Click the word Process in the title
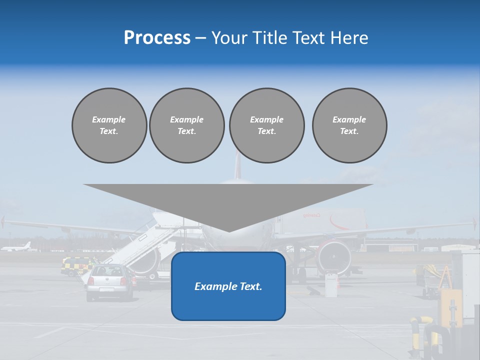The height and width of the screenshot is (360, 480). pyautogui.click(x=157, y=38)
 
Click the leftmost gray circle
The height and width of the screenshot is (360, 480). pyautogui.click(x=109, y=125)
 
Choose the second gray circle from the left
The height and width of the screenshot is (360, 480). pyautogui.click(x=187, y=125)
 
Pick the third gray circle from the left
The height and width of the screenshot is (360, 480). pyautogui.click(x=266, y=125)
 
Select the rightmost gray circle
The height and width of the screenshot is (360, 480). pyautogui.click(x=349, y=125)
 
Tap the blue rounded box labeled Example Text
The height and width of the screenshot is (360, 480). pyautogui.click(x=228, y=286)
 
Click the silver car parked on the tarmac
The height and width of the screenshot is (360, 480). pyautogui.click(x=110, y=282)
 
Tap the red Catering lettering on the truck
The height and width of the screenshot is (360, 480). pyautogui.click(x=311, y=215)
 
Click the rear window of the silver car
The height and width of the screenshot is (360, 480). pyautogui.click(x=109, y=271)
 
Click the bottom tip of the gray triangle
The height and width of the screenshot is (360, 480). pyautogui.click(x=228, y=230)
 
